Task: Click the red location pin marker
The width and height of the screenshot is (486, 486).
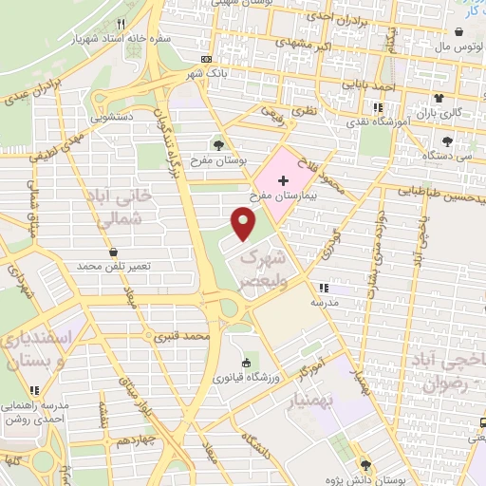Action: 244,224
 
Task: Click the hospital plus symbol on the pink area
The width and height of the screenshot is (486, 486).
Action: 282,178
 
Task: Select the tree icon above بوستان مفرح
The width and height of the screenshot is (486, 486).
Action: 219,145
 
